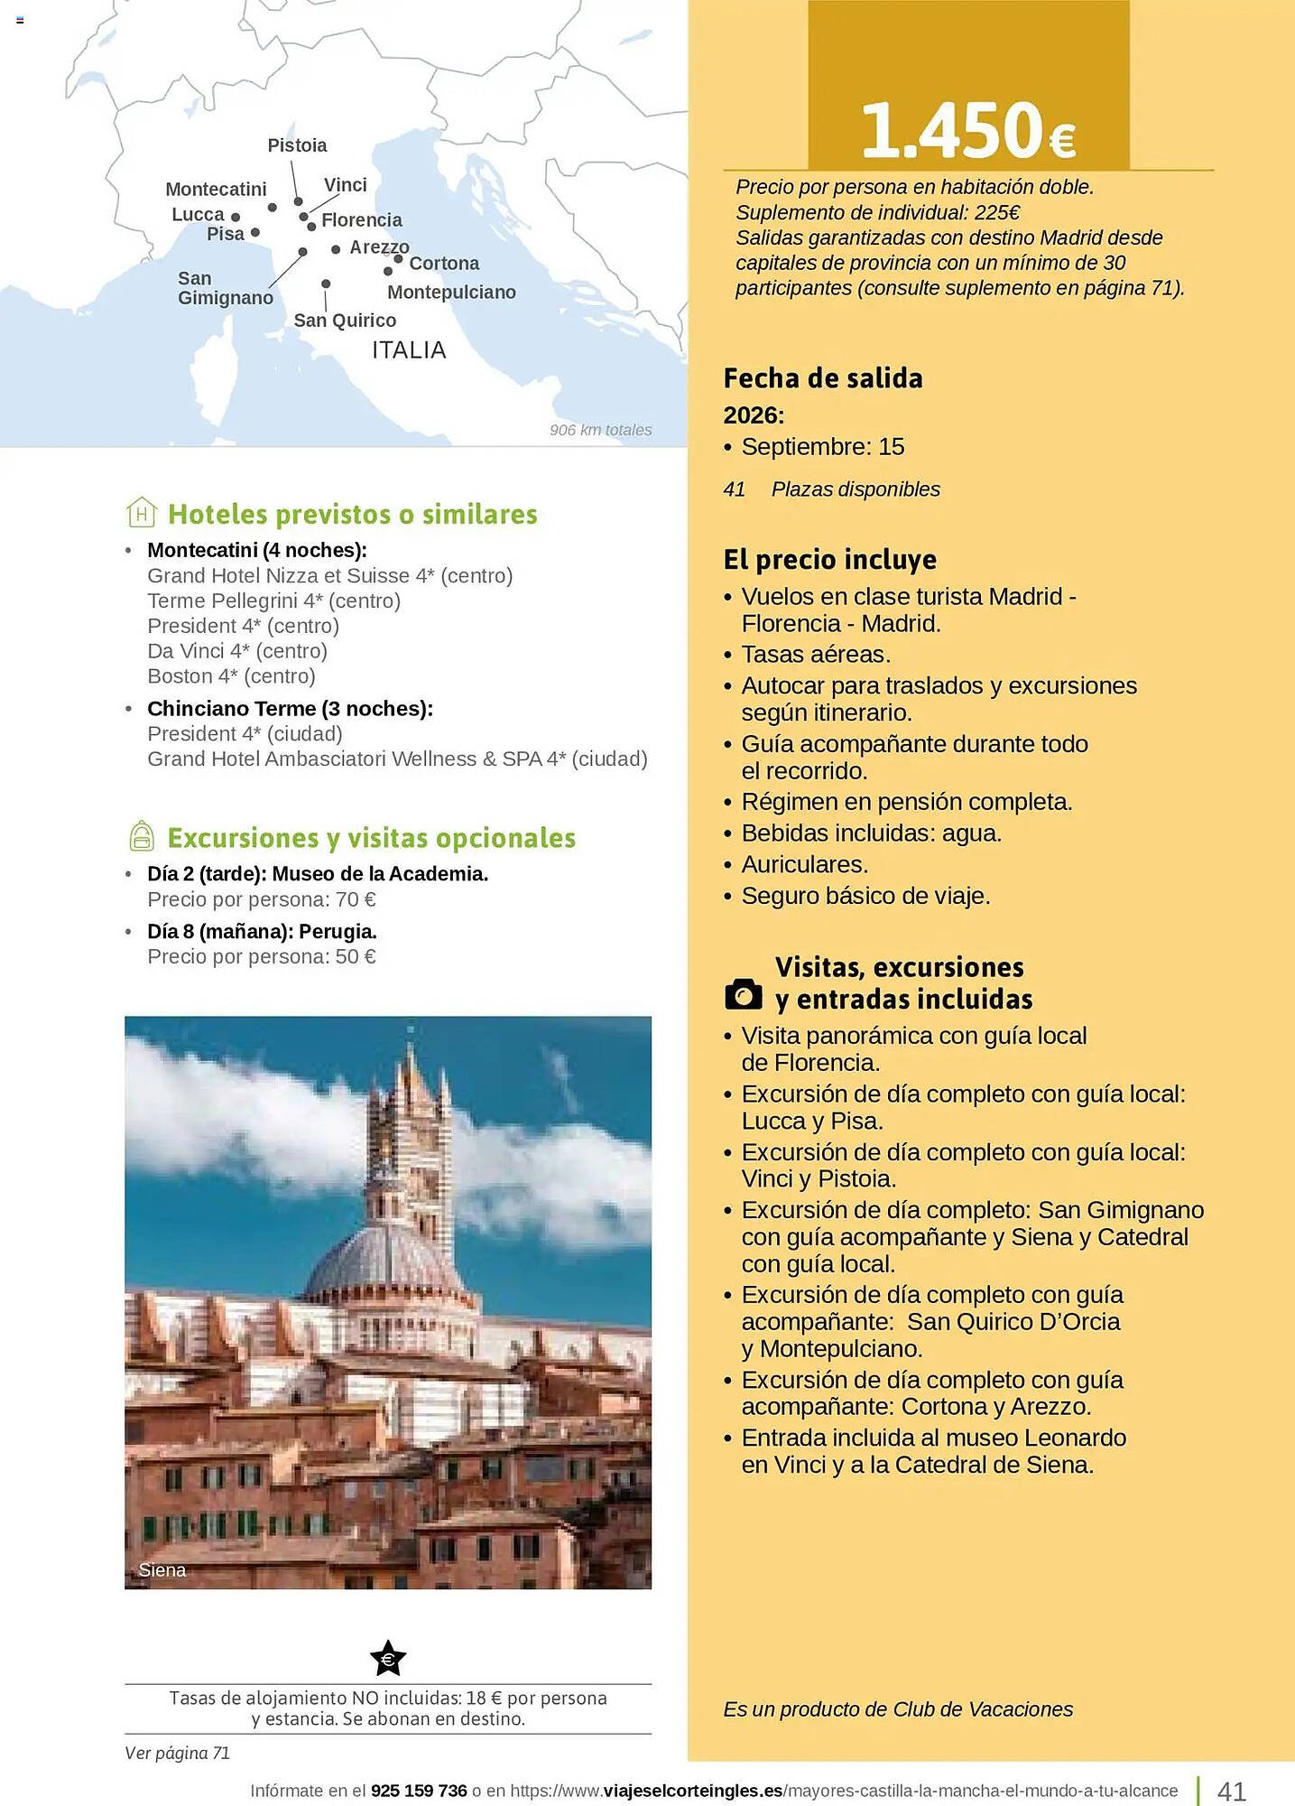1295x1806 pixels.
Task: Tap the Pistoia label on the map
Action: (297, 145)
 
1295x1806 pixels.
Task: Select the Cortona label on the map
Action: (444, 264)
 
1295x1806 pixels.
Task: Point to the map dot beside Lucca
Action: (236, 217)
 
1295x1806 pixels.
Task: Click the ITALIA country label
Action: (409, 350)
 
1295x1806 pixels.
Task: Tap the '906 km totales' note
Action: (600, 430)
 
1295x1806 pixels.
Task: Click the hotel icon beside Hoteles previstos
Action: (142, 512)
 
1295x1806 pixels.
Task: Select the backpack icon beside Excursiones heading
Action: (142, 836)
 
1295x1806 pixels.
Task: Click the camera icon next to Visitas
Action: (744, 994)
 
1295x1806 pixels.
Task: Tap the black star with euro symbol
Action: (388, 1658)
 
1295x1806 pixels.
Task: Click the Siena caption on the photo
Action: (162, 1570)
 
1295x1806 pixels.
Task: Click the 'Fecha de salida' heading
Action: (823, 378)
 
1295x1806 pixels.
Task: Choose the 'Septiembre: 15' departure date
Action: (822, 447)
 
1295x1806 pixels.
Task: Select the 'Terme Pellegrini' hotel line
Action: (273, 600)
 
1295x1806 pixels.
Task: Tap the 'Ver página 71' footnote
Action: (178, 1753)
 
